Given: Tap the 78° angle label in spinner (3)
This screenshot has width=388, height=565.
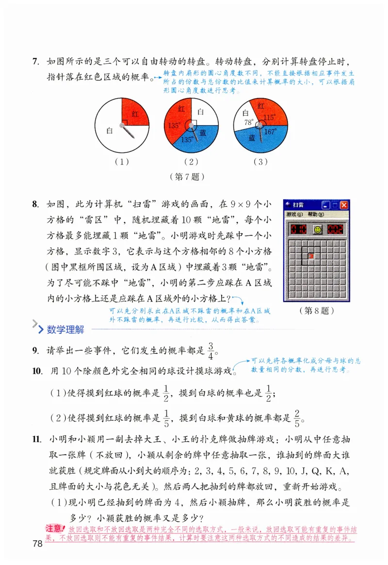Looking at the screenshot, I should (249, 123).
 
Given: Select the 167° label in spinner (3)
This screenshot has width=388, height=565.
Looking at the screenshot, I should (270, 131).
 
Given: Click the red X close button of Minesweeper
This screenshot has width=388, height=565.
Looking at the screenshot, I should (344, 205).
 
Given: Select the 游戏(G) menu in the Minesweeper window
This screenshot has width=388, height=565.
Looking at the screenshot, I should (294, 214).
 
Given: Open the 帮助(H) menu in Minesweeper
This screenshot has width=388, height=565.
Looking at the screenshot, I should (315, 214).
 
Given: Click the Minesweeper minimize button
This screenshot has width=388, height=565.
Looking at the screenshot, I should (326, 205).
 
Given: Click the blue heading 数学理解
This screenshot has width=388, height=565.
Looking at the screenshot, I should (65, 330).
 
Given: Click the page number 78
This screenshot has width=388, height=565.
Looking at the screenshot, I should (37, 543).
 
